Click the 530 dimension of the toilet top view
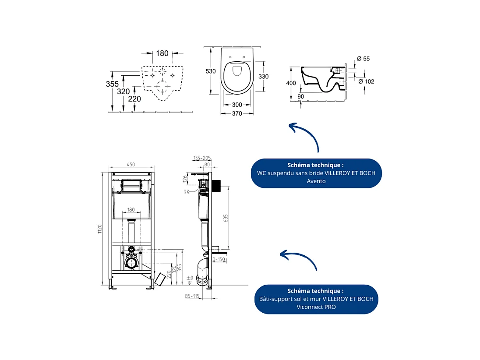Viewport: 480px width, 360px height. (211, 71)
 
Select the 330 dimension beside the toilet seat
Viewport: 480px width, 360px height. (263, 76)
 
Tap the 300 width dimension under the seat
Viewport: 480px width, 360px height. (237, 105)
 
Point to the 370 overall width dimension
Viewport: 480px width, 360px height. (237, 114)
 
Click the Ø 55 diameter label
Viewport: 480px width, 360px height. (364, 59)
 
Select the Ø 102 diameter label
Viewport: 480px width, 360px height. (366, 81)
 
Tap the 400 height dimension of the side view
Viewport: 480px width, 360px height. (291, 83)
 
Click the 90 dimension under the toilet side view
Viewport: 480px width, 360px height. (300, 96)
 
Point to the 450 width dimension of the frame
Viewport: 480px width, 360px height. (131, 164)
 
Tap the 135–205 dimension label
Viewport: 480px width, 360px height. (201, 158)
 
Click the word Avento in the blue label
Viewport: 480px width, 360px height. (316, 181)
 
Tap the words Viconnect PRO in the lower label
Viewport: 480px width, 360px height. (316, 307)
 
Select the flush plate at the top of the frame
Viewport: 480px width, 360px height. (131, 186)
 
